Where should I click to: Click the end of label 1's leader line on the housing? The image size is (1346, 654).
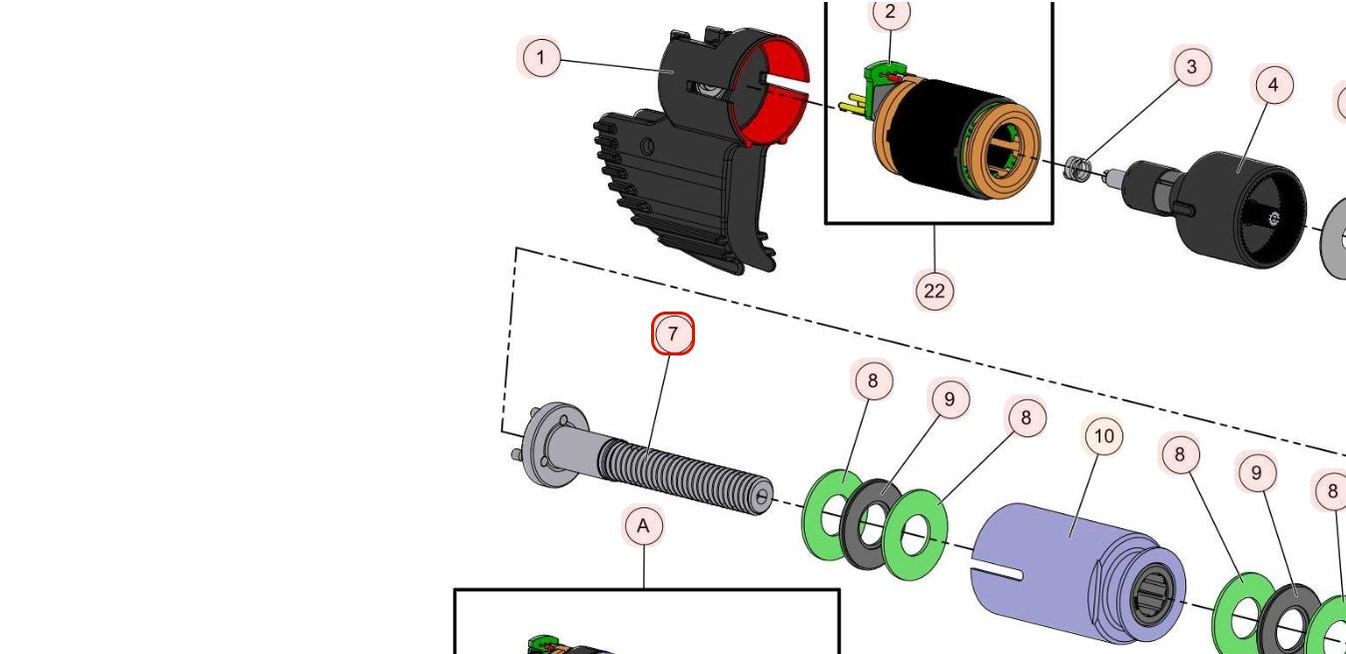pyautogui.click(x=673, y=72)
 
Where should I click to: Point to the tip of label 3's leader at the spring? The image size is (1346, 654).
pyautogui.click(x=1081, y=163)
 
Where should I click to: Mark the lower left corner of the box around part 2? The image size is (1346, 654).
pyautogui.click(x=827, y=223)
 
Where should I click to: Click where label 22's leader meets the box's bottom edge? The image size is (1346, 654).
pyautogui.click(x=935, y=225)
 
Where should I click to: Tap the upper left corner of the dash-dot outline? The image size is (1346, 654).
pyautogui.click(x=516, y=249)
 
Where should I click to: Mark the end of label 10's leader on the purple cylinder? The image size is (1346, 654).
pyautogui.click(x=1071, y=535)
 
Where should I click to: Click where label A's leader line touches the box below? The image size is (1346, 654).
pyautogui.click(x=644, y=589)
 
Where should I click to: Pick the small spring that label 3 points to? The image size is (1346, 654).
pyautogui.click(x=1075, y=169)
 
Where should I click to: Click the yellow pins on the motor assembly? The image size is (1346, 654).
pyautogui.click(x=851, y=105)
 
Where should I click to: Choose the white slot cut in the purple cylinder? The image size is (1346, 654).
pyautogui.click(x=997, y=571)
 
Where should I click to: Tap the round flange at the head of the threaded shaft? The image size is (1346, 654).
pyautogui.click(x=553, y=445)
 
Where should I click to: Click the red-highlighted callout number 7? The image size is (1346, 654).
pyautogui.click(x=673, y=333)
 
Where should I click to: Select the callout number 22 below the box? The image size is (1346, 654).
pyautogui.click(x=935, y=291)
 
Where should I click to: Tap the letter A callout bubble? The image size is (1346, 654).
pyautogui.click(x=643, y=526)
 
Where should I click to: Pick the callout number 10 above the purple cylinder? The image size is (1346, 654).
pyautogui.click(x=1103, y=435)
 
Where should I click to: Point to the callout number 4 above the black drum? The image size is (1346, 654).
pyautogui.click(x=1273, y=85)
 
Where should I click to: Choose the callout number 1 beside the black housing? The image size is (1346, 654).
pyautogui.click(x=541, y=58)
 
